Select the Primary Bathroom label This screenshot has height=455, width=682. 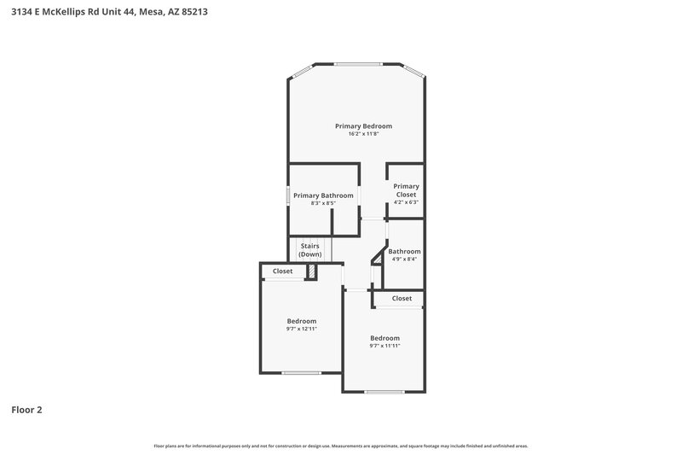(x=323, y=195)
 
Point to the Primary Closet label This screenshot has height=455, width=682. (x=406, y=190)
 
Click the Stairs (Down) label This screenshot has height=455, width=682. (x=310, y=250)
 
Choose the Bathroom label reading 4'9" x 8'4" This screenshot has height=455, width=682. (x=404, y=252)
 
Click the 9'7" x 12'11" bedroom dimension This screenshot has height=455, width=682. (x=301, y=329)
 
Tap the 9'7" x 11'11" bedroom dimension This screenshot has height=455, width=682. (x=384, y=346)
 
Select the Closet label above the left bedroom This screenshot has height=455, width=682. (x=283, y=271)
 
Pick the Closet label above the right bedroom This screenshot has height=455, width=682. (x=402, y=299)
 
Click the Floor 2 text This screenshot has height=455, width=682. (x=26, y=410)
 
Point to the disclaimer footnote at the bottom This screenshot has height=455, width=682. (x=340, y=446)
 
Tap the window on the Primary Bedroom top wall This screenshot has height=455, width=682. (x=357, y=64)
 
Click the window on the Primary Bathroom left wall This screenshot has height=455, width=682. (x=288, y=195)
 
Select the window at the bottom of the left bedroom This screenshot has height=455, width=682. (x=302, y=372)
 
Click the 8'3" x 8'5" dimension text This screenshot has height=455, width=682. (x=323, y=203)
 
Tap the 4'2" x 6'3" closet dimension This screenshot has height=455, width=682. (x=406, y=203)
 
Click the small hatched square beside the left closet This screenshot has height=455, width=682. (x=312, y=271)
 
